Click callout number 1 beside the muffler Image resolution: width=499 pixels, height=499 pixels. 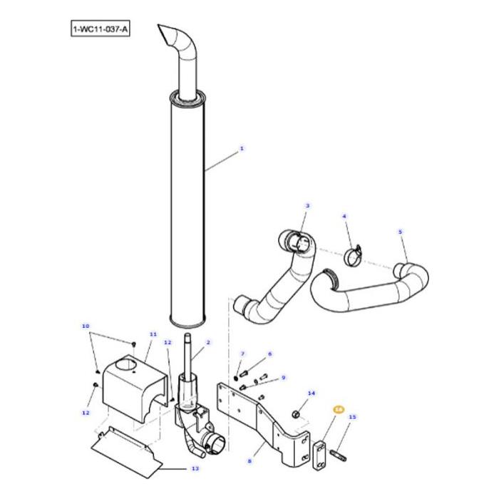pos(242,148)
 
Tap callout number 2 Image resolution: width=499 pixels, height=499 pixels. pos(207,342)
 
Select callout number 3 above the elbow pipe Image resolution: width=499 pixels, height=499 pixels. pos(307,206)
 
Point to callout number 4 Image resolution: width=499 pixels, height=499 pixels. pos(344,215)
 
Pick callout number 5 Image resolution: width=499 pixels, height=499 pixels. pos(400,232)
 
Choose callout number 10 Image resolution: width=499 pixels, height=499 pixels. pos(86,327)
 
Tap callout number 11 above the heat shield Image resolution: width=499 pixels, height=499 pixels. pos(152,334)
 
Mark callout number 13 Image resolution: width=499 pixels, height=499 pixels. pos(195,468)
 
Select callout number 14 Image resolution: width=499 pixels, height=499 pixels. pos(311,393)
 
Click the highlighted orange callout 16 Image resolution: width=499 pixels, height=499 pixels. pos(339,410)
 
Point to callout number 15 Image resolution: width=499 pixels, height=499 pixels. pos(352,417)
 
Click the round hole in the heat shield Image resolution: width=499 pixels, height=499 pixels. pos(133,366)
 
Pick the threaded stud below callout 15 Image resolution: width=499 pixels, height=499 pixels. pos(337,451)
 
